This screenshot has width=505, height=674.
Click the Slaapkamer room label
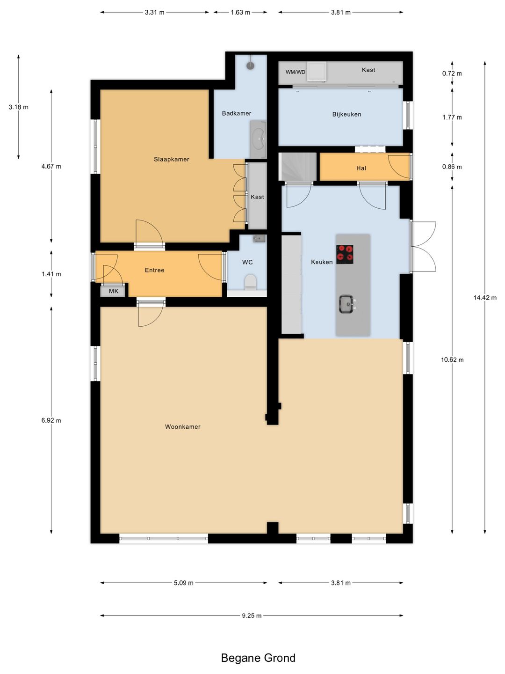click(x=172, y=159)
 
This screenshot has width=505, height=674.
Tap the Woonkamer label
click(x=183, y=426)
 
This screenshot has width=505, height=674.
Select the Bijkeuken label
click(x=347, y=114)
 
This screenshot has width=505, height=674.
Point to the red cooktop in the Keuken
click(x=345, y=254)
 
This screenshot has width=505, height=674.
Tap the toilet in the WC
click(x=250, y=282)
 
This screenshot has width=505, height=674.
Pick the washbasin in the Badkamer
click(x=258, y=139)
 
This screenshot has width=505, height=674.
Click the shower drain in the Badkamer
click(x=251, y=66)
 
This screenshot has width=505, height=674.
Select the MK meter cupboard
click(x=114, y=291)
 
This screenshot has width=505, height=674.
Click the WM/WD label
click(x=295, y=72)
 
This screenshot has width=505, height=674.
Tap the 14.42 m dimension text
click(x=485, y=297)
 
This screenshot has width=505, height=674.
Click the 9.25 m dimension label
click(x=252, y=615)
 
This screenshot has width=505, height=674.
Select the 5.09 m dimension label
click(x=184, y=583)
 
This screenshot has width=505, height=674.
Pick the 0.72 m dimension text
click(x=452, y=73)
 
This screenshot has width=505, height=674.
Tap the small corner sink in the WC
click(x=260, y=239)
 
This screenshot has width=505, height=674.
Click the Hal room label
click(x=361, y=168)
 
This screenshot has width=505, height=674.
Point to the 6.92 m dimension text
click(x=51, y=420)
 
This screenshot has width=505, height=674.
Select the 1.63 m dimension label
click(x=240, y=12)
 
